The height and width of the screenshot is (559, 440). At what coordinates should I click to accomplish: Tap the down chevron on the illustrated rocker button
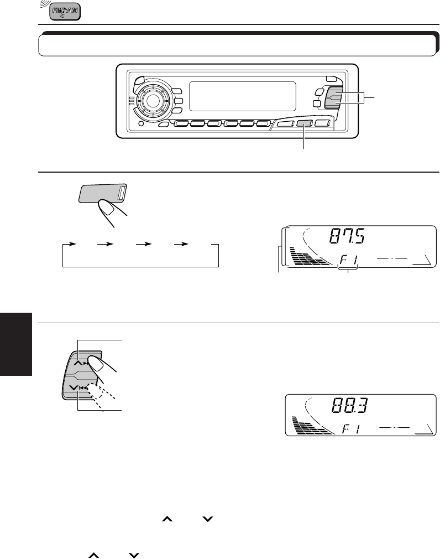(x=74, y=388)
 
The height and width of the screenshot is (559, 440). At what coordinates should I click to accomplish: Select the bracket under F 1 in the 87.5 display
(x=348, y=268)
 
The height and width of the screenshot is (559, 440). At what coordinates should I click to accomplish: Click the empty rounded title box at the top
(x=235, y=45)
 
